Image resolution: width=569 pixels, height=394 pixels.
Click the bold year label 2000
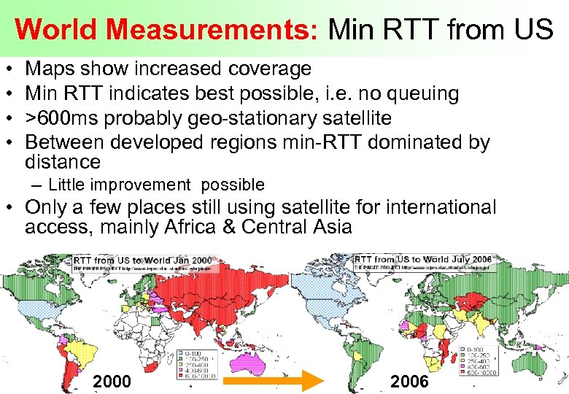(x=112, y=381)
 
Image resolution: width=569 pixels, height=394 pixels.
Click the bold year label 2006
(x=410, y=381)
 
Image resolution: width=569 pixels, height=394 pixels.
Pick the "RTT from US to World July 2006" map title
(x=423, y=260)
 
